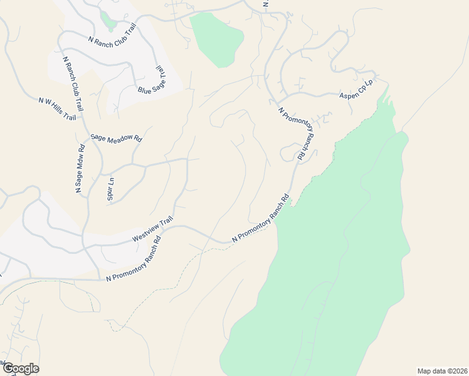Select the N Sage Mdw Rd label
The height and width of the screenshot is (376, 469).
pos(80,169)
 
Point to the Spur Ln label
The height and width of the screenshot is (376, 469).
pos(111,189)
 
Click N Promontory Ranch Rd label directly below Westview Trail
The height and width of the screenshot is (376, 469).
pos(134,258)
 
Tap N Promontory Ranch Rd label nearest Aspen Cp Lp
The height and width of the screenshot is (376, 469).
pos(300,136)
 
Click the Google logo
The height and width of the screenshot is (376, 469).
pos(21,368)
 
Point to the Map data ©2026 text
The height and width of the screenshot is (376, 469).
pos(442,370)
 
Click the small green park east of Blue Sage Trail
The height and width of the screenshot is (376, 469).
pos(216,38)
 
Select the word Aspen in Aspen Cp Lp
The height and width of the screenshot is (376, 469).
pos(348,95)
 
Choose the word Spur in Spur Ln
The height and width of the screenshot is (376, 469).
pos(110,194)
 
